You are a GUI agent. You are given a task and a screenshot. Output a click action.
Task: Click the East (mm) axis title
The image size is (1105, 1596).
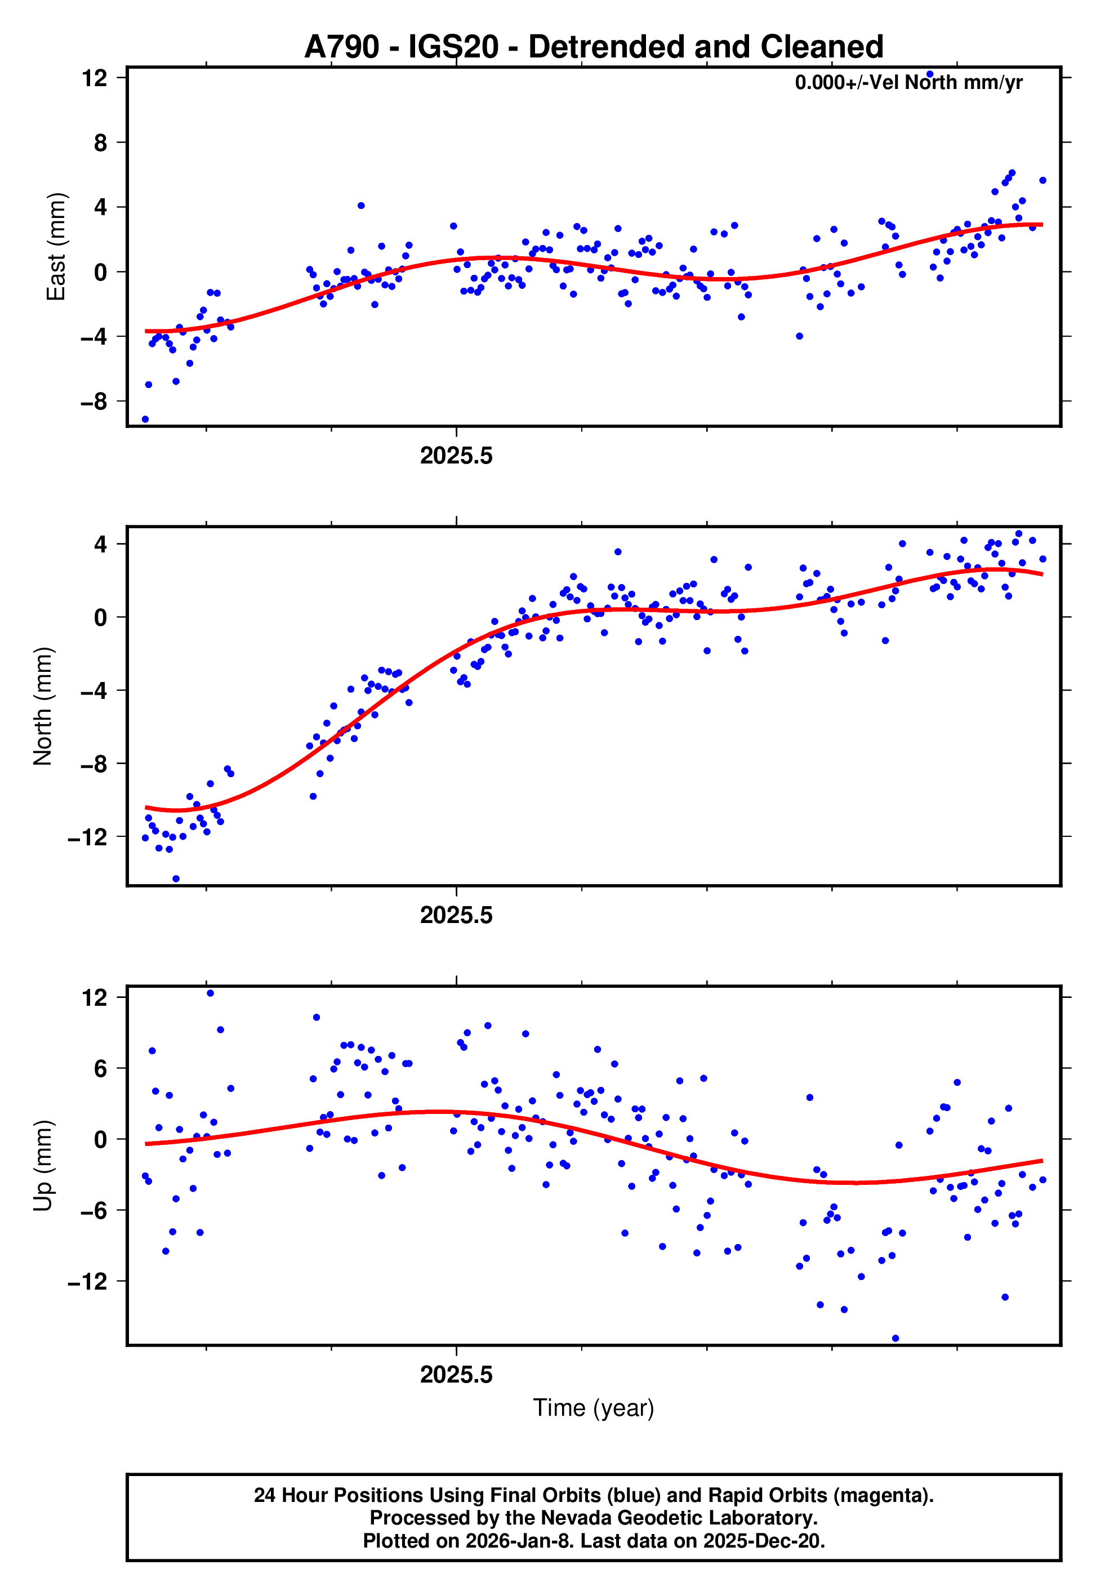56,247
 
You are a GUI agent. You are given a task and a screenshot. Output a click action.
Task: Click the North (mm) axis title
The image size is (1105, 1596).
43,706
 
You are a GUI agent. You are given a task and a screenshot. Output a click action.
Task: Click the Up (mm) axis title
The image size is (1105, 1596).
43,1166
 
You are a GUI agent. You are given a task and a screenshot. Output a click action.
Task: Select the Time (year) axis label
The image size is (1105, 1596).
594,1408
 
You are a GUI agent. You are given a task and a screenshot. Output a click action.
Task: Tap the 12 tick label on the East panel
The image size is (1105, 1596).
94,78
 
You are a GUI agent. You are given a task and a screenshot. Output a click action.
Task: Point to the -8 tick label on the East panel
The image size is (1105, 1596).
94,402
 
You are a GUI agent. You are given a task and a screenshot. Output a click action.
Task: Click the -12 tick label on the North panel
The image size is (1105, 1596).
88,837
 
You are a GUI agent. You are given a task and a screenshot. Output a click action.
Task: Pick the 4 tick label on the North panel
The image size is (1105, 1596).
101,544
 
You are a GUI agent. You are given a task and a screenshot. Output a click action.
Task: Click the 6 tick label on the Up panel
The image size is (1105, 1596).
101,1069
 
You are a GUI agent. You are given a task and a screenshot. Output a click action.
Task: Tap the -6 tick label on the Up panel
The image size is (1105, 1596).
94,1210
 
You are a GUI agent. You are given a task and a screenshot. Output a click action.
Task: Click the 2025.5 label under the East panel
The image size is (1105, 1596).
456,456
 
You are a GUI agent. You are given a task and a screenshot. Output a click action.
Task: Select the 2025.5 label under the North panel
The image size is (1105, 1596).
456,916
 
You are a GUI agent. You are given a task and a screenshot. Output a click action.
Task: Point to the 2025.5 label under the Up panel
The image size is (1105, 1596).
456,1375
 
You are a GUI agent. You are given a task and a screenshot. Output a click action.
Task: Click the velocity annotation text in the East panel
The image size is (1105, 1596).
908,83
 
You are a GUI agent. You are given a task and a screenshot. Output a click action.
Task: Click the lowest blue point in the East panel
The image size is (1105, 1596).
145,420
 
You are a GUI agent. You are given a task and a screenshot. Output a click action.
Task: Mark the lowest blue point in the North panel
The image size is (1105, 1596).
176,879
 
